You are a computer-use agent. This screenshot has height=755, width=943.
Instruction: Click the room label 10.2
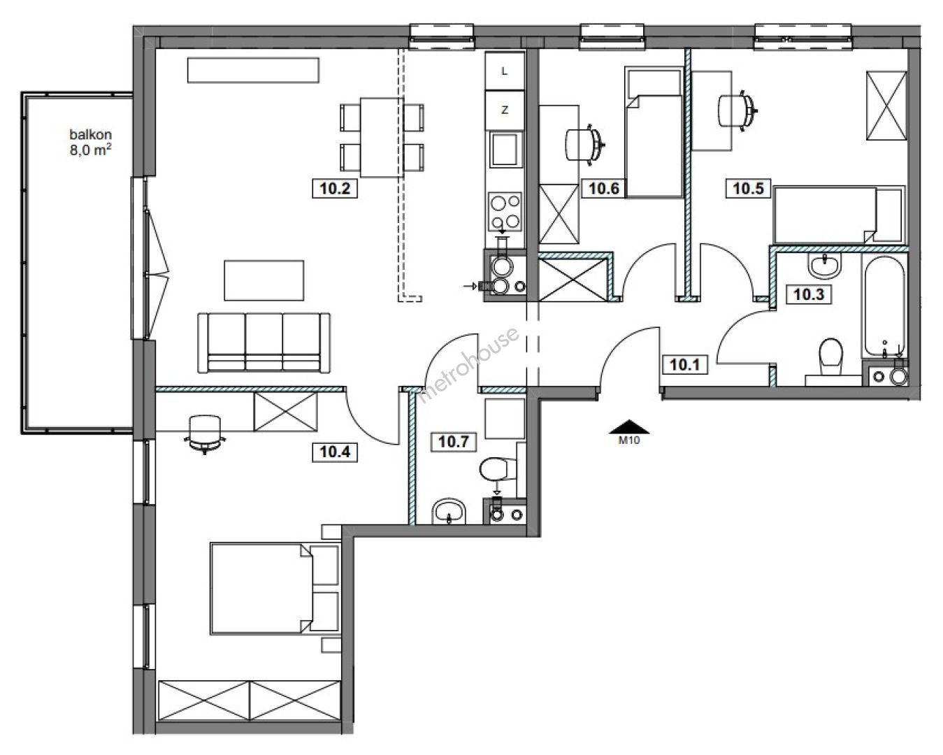(335, 189)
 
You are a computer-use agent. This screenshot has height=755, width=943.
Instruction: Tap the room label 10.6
(603, 189)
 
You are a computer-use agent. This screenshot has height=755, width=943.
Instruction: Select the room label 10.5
(748, 189)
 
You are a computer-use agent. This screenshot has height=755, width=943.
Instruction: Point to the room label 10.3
(809, 294)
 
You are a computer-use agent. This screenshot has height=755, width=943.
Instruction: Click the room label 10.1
(685, 364)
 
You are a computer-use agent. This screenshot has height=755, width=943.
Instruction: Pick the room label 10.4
(335, 452)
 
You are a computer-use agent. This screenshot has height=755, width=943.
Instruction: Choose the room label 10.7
(454, 442)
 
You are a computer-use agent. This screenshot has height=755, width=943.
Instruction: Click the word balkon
(91, 134)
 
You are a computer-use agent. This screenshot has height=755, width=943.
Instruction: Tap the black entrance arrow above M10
(629, 426)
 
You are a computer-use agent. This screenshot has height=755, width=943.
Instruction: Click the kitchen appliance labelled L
(505, 71)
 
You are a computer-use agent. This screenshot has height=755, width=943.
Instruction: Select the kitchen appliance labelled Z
(505, 110)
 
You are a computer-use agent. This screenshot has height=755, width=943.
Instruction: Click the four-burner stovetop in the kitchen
(505, 212)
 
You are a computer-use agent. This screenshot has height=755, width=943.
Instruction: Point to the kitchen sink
(505, 150)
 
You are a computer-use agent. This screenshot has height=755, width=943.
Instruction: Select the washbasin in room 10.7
(450, 511)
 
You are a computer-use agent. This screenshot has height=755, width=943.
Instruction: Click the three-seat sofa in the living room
(264, 343)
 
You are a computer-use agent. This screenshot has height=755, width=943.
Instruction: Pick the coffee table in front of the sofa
(264, 280)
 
